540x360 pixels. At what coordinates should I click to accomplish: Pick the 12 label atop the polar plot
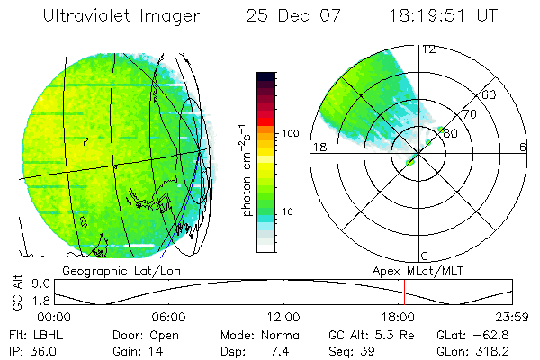[x=428, y=49]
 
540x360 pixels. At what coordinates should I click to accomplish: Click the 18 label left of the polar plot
[x=318, y=148]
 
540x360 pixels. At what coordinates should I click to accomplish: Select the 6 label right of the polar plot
[x=523, y=148]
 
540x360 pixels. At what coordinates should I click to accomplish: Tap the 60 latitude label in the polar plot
[x=490, y=95]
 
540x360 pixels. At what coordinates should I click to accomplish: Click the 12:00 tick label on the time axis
[x=283, y=317]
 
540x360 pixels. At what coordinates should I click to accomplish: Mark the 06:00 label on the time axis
[x=169, y=317]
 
